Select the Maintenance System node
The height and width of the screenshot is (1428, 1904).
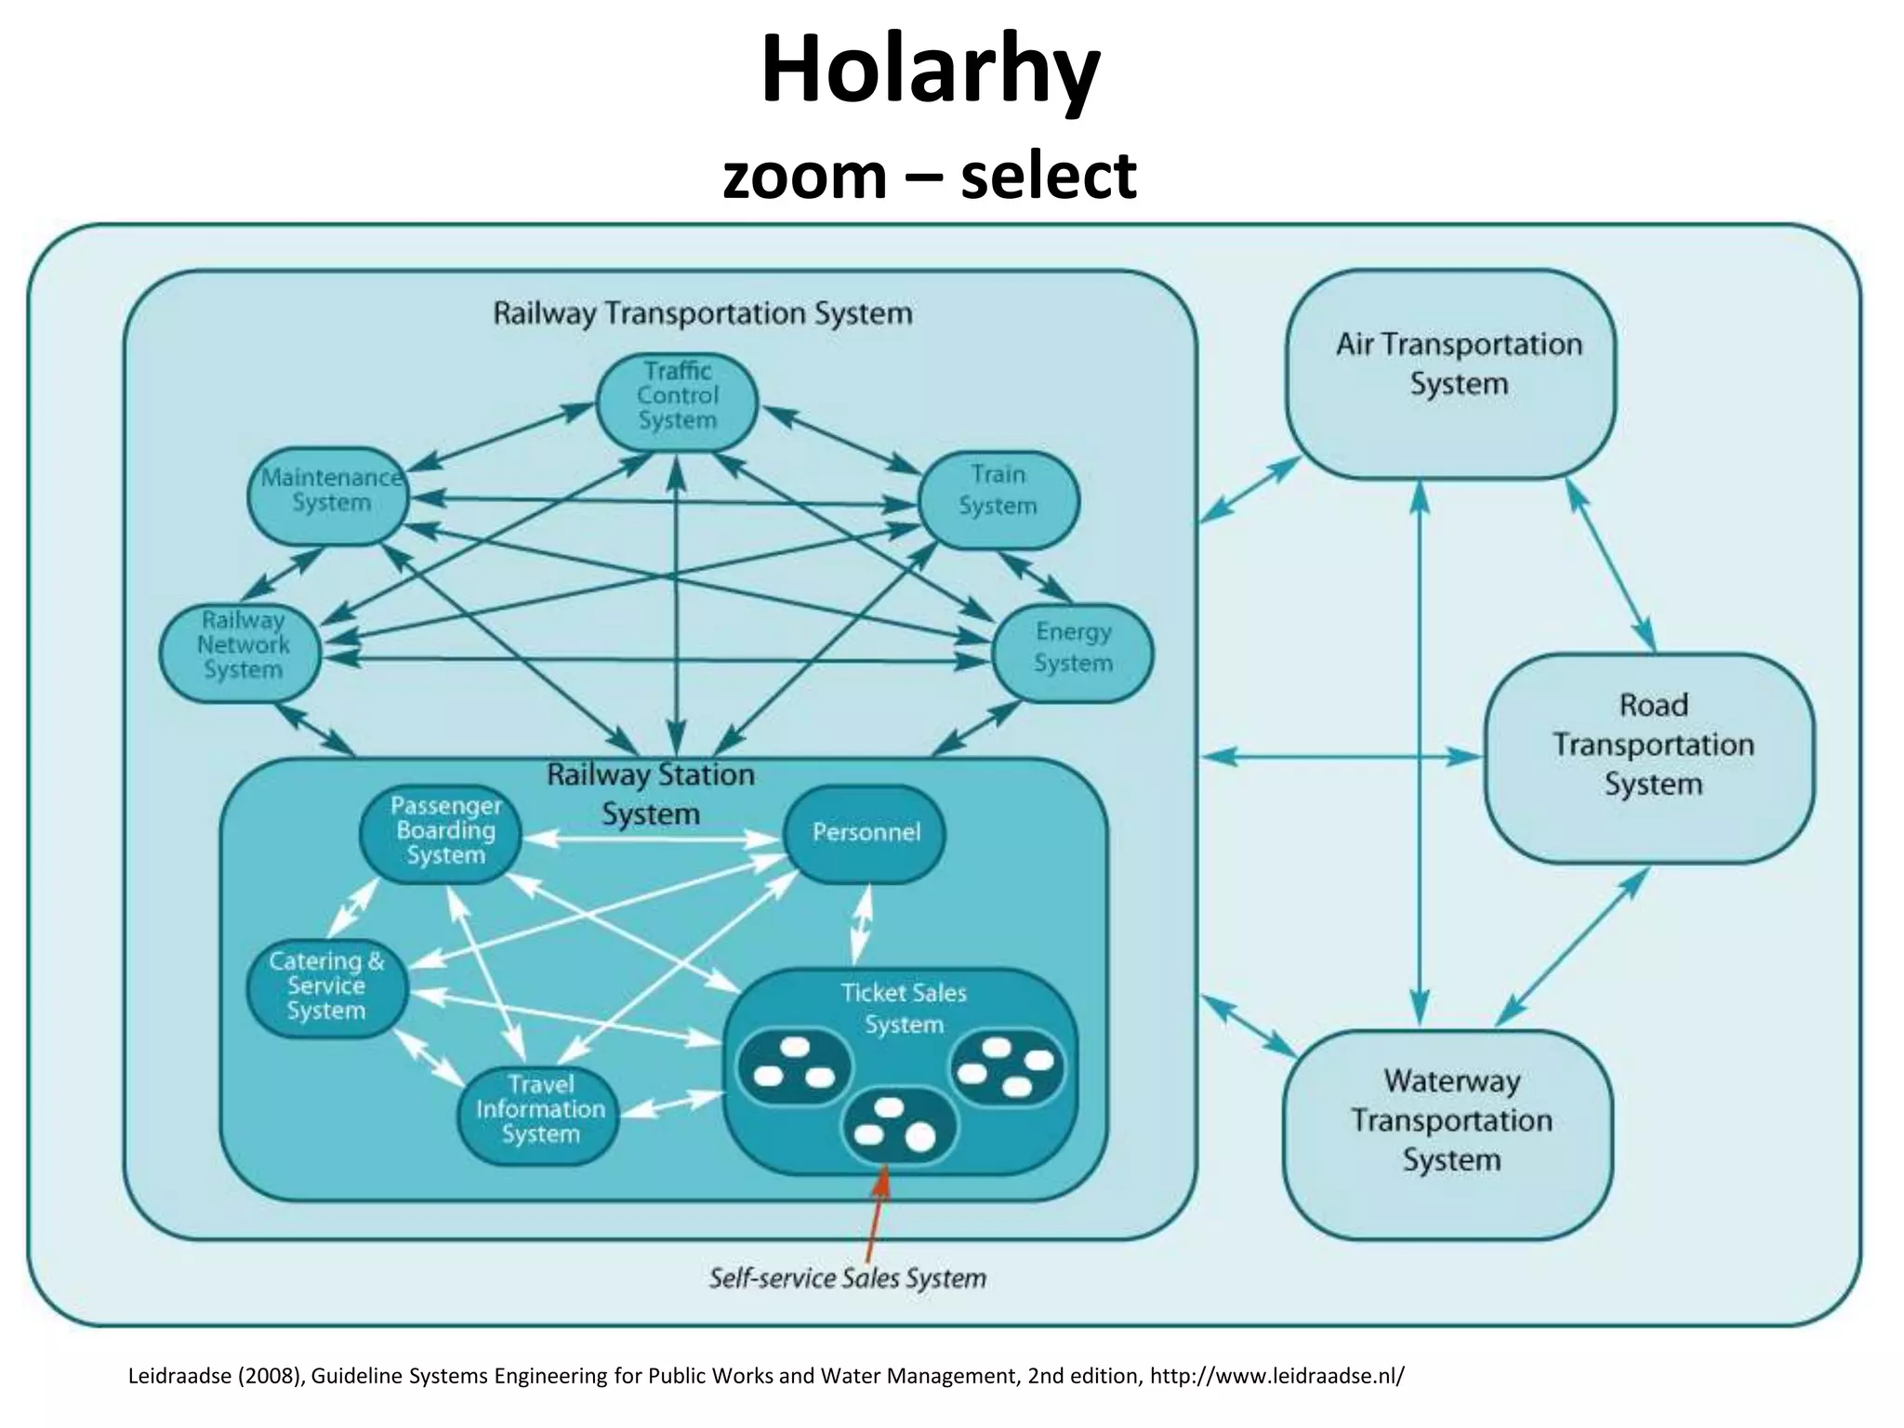coord(329,496)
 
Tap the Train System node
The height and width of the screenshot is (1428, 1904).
coord(998,499)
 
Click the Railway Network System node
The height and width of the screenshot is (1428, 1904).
coord(241,652)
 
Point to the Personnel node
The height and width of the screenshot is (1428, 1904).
coord(865,833)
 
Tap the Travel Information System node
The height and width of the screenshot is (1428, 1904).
coord(539,1115)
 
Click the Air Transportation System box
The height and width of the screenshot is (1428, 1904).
coord(1451,374)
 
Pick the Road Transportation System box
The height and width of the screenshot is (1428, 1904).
coord(1649,757)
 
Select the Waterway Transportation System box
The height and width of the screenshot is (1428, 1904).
coord(1448,1133)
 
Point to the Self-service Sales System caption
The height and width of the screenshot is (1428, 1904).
coord(847,1278)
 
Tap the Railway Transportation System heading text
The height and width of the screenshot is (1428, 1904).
coord(702,314)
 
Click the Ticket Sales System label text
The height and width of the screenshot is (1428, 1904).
coord(903,1009)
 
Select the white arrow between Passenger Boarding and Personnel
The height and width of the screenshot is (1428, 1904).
coord(651,840)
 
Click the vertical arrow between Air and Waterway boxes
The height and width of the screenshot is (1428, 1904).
coord(1419,753)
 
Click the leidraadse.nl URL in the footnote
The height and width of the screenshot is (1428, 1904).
coord(1276,1375)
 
